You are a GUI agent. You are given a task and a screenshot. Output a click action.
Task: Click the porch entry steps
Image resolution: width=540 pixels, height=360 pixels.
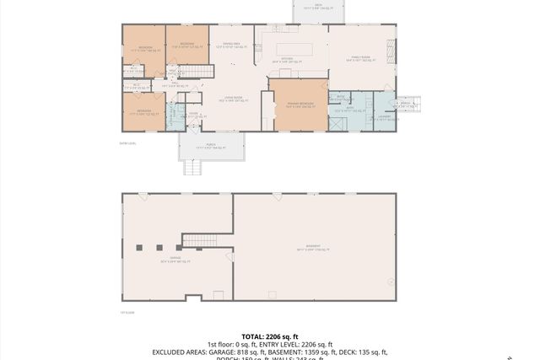click(193, 167)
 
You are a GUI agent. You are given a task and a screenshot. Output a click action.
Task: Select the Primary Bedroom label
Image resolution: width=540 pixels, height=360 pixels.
click(299, 105)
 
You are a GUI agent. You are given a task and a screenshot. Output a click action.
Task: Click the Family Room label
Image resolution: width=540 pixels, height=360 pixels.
click(360, 58)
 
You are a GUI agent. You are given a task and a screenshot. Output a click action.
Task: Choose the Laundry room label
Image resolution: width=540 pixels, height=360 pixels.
click(383, 119)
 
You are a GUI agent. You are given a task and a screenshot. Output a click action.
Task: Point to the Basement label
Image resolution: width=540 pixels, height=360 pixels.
click(313, 248)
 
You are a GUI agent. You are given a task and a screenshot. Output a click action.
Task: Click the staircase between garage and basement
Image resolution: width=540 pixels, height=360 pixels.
click(200, 241)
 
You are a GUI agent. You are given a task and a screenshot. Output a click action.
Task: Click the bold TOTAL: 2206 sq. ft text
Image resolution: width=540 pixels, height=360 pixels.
click(269, 335)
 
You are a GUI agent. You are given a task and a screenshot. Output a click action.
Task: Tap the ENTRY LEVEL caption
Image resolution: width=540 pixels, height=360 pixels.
click(130, 144)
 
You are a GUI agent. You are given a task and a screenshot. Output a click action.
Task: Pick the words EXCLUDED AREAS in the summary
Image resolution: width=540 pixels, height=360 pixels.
click(181, 352)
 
